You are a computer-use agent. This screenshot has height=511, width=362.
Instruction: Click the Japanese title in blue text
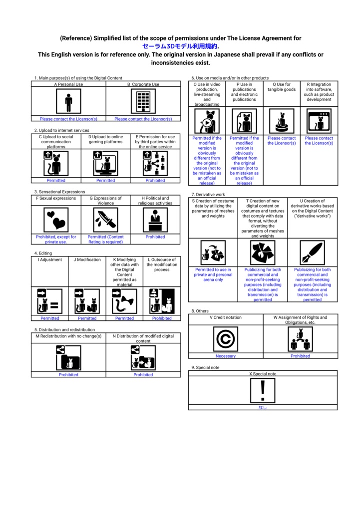(180, 46)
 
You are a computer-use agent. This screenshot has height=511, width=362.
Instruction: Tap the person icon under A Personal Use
(68, 102)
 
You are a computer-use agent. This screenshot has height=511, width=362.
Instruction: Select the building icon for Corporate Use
(143, 102)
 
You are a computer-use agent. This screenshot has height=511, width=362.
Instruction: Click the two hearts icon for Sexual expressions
(55, 220)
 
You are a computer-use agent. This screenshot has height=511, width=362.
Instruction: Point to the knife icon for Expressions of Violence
(105, 220)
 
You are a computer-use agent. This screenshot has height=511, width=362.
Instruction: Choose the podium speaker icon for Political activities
(155, 220)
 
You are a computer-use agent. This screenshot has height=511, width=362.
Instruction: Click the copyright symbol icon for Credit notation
(226, 339)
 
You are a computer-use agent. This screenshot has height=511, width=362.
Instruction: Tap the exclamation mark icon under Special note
(263, 390)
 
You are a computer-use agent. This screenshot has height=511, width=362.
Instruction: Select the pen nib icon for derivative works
(312, 253)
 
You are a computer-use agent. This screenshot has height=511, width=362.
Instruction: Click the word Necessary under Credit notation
(226, 356)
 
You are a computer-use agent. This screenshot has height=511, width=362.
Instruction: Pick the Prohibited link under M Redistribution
(68, 375)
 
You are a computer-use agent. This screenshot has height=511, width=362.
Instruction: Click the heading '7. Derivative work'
(208, 194)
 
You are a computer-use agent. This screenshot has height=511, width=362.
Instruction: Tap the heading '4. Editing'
(43, 253)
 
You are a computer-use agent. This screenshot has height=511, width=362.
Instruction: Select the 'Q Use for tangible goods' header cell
(282, 87)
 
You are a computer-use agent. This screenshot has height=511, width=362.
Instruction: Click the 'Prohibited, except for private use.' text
(56, 240)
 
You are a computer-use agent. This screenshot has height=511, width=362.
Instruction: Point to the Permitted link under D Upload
(105, 181)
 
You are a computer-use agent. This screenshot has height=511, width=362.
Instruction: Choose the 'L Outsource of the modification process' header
(162, 264)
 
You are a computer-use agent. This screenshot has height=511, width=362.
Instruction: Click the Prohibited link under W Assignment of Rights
(300, 356)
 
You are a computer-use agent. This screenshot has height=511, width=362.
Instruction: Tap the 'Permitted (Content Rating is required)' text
(105, 240)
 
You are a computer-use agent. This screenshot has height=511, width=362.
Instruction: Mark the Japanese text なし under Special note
(263, 407)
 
